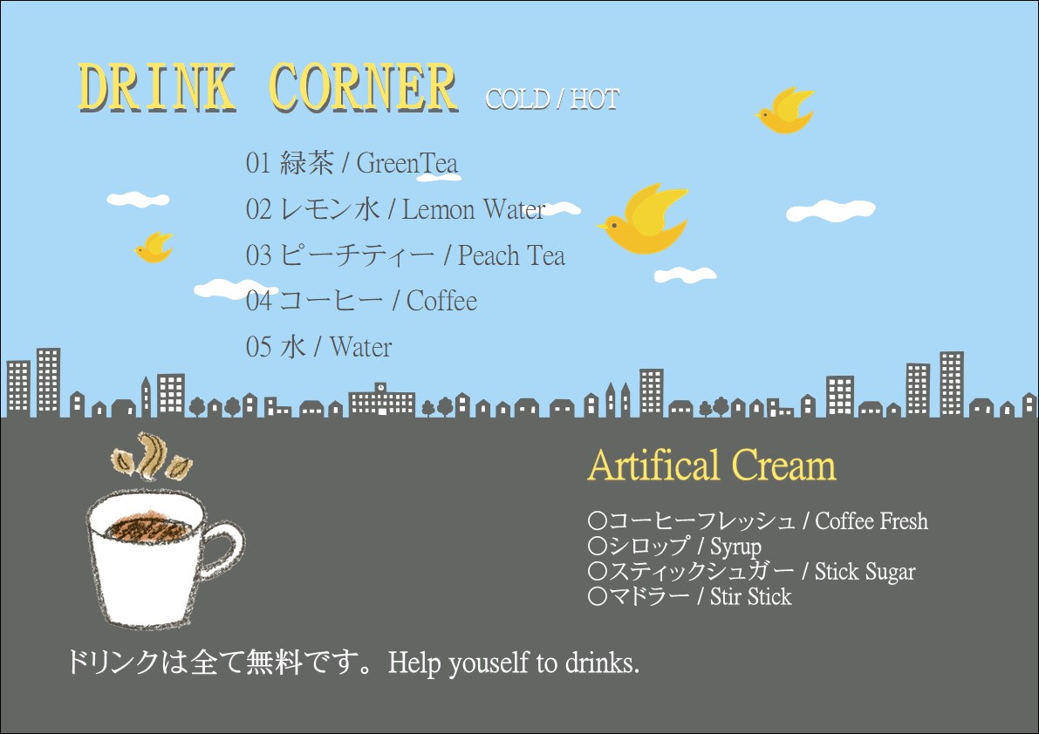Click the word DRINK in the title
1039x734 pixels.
(x=157, y=87)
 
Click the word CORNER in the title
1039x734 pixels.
(x=363, y=87)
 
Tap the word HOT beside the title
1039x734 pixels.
(x=594, y=99)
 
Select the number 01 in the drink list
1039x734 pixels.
(x=258, y=163)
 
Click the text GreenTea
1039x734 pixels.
(x=407, y=163)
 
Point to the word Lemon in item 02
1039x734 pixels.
(x=439, y=210)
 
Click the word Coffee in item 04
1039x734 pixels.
(x=441, y=301)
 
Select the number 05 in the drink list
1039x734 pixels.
(x=258, y=347)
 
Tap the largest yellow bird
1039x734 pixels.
(x=644, y=220)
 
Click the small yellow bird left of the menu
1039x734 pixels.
(x=154, y=247)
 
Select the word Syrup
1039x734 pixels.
(x=735, y=547)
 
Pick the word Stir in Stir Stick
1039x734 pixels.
(x=726, y=597)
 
